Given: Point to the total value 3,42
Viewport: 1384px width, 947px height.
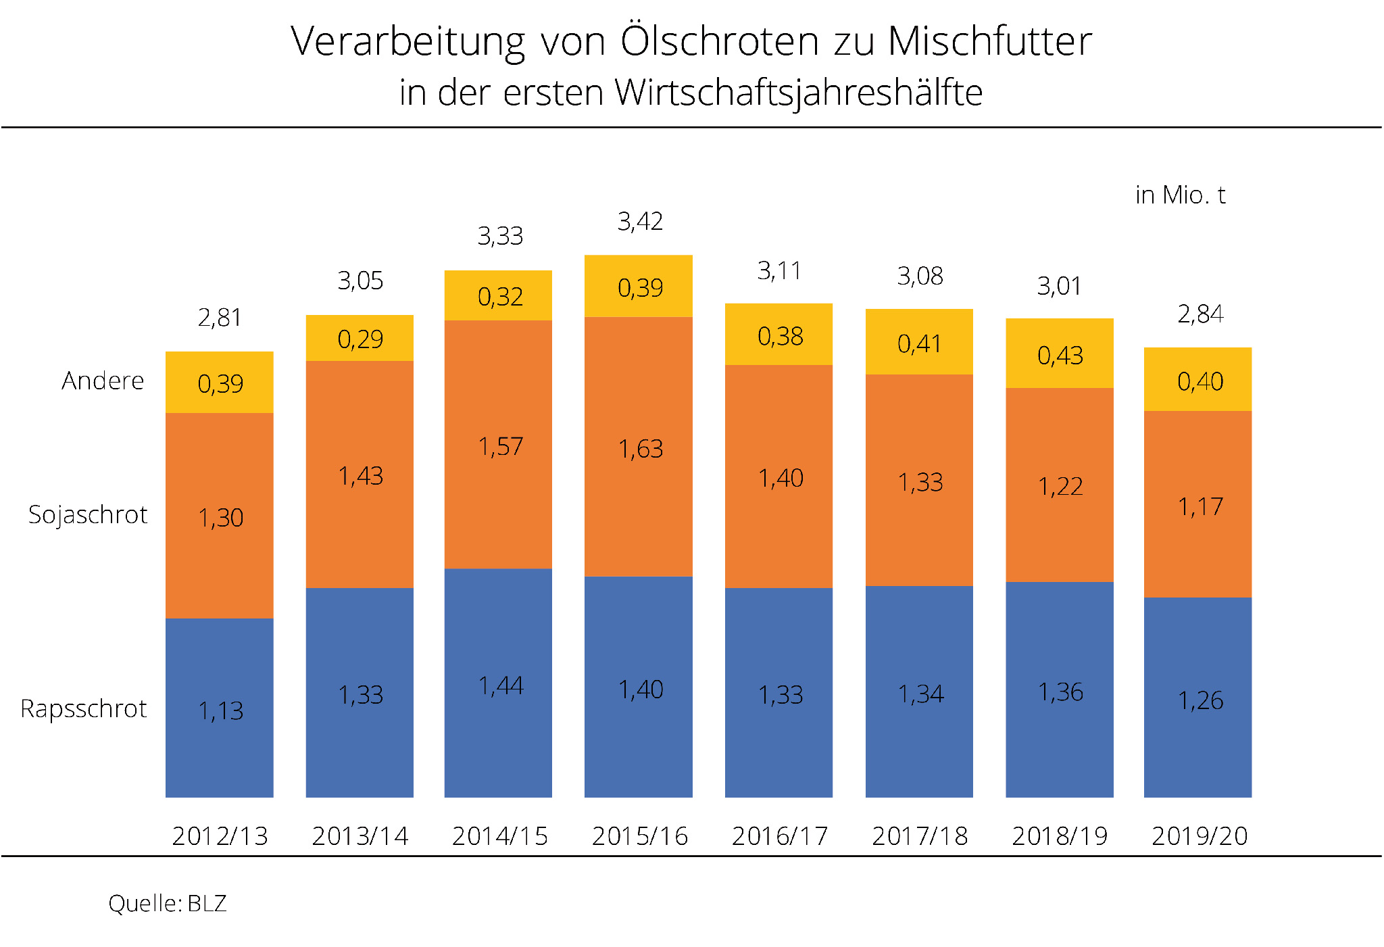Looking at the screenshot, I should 640,222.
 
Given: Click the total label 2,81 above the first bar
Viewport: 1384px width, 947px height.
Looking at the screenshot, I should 220,318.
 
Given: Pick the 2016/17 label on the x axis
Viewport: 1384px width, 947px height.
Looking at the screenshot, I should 780,837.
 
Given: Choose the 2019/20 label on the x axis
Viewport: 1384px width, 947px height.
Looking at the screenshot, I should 1200,837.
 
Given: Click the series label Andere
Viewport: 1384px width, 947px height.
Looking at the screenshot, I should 103,381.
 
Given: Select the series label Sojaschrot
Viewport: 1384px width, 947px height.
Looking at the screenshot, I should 88,515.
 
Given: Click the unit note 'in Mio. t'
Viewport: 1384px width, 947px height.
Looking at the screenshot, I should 1180,195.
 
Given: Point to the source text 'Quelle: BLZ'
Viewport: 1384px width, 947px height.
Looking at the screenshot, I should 168,904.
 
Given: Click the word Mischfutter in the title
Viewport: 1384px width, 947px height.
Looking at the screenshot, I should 989,42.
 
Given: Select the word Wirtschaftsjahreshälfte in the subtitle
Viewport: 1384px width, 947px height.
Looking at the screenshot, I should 798,93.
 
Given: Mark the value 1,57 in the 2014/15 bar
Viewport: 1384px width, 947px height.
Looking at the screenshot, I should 500,447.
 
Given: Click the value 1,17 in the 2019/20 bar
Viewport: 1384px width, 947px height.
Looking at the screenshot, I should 1200,507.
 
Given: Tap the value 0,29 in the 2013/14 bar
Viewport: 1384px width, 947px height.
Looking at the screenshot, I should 360,339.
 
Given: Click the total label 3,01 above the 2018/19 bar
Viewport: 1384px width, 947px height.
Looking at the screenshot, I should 1059,287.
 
